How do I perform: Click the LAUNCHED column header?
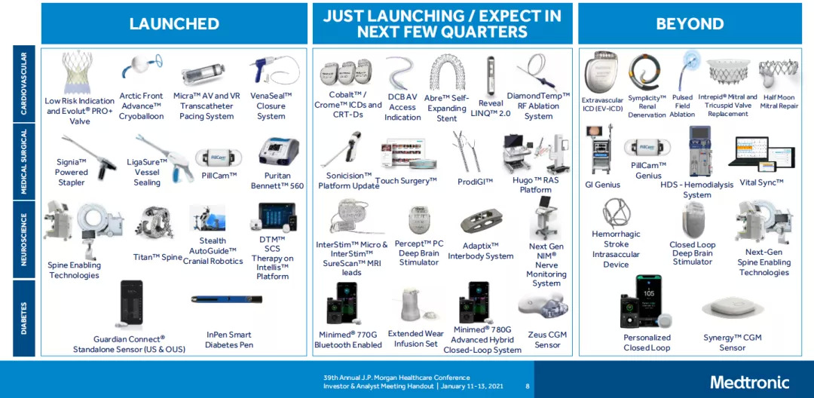pyautogui.click(x=174, y=23)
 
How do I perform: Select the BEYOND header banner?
pyautogui.click(x=690, y=23)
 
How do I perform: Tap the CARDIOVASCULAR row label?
pyautogui.click(x=23, y=84)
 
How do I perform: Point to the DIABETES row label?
pyautogui.click(x=23, y=317)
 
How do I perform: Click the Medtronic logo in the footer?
pyautogui.click(x=749, y=382)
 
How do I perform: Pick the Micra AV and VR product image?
pyautogui.click(x=206, y=76)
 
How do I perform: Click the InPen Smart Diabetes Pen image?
pyautogui.click(x=226, y=302)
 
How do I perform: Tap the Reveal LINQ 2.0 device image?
pyautogui.click(x=490, y=75)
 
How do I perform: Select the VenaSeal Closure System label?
pyautogui.click(x=271, y=106)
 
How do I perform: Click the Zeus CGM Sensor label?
pyautogui.click(x=547, y=340)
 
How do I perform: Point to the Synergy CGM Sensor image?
pyautogui.click(x=733, y=310)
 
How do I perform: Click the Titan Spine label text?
pyautogui.click(x=158, y=257)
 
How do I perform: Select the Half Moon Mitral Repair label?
pyautogui.click(x=779, y=102)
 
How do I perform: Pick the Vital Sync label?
pyautogui.click(x=761, y=182)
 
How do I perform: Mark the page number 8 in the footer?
pyautogui.click(x=528, y=386)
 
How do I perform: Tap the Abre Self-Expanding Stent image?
pyautogui.click(x=447, y=75)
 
